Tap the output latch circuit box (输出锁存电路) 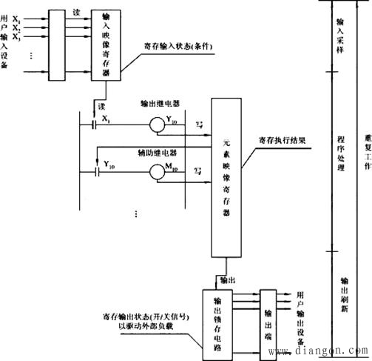pos(219,319)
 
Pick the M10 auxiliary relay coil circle pos(158,172)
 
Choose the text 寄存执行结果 pos(280,139)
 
